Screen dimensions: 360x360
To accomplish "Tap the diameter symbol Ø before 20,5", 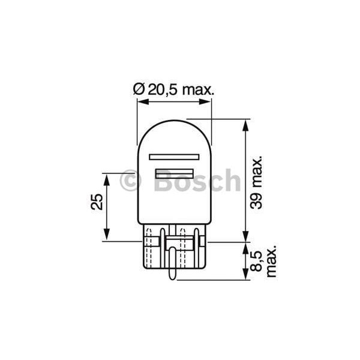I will (x=137, y=89).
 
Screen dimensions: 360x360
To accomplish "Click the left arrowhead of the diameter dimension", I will (x=140, y=102).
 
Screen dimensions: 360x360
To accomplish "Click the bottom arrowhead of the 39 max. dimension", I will (x=245, y=236).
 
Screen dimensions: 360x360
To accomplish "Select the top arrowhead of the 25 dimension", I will (x=107, y=178).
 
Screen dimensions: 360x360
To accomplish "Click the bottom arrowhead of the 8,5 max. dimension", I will (x=245, y=276).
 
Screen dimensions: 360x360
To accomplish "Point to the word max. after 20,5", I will (x=197, y=89).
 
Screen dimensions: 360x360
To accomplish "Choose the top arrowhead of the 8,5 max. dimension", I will (x=245, y=246).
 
